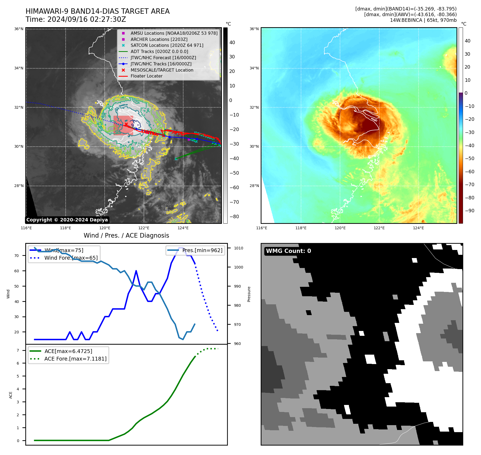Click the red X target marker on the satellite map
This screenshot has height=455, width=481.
(x=126, y=124)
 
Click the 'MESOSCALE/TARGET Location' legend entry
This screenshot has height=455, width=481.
(x=162, y=70)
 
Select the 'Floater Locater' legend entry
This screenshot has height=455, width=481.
(x=146, y=76)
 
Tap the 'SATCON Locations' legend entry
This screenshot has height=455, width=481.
(x=167, y=45)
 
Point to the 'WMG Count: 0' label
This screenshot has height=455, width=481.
(x=288, y=251)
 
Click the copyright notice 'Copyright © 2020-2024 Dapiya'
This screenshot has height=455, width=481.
(x=67, y=220)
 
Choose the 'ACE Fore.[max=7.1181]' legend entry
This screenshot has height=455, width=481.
(x=75, y=359)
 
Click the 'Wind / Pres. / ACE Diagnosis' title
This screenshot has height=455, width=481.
(x=126, y=236)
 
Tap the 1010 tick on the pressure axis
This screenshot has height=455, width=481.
(x=238, y=248)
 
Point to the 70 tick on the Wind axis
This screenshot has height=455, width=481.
(x=17, y=256)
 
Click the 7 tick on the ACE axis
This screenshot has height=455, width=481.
(x=18, y=350)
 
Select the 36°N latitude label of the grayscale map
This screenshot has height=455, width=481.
(x=19, y=29)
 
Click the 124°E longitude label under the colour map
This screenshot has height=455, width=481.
(x=418, y=228)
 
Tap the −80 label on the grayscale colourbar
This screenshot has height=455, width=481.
(x=234, y=217)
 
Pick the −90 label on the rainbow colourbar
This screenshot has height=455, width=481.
(x=469, y=211)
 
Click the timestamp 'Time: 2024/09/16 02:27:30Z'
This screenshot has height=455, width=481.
(x=76, y=20)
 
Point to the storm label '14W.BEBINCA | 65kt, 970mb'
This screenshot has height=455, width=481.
(x=423, y=20)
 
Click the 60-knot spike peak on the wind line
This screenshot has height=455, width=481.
(x=136, y=271)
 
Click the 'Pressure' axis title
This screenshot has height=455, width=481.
(x=249, y=294)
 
